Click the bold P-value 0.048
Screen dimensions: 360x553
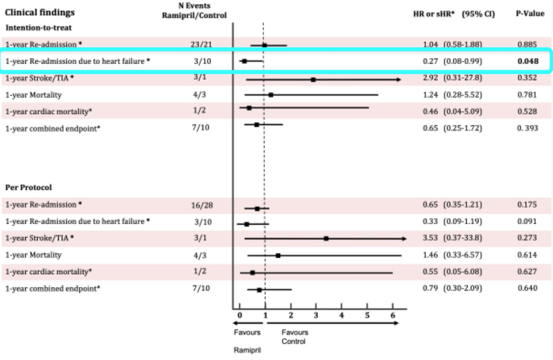(528, 61)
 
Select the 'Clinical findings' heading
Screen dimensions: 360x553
(40, 12)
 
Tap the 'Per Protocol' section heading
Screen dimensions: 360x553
(29, 188)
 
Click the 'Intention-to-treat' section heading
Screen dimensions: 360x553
(39, 27)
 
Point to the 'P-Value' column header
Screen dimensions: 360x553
(530, 14)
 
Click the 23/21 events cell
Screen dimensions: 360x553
(201, 45)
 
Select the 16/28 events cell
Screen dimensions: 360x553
(201, 205)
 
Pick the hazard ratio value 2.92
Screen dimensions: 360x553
(431, 78)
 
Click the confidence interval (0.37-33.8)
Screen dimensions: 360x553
(463, 238)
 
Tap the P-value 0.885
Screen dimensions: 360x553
(528, 45)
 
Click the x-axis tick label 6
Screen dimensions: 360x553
(393, 315)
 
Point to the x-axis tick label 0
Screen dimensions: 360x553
(240, 315)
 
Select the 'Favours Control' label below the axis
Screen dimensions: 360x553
(295, 336)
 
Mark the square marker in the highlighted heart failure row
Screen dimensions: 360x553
(244, 61)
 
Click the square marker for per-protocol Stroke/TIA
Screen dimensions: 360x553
(326, 239)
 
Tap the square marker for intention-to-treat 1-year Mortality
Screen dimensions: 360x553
(271, 95)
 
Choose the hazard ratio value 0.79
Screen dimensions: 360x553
(431, 288)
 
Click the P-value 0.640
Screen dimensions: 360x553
(528, 288)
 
